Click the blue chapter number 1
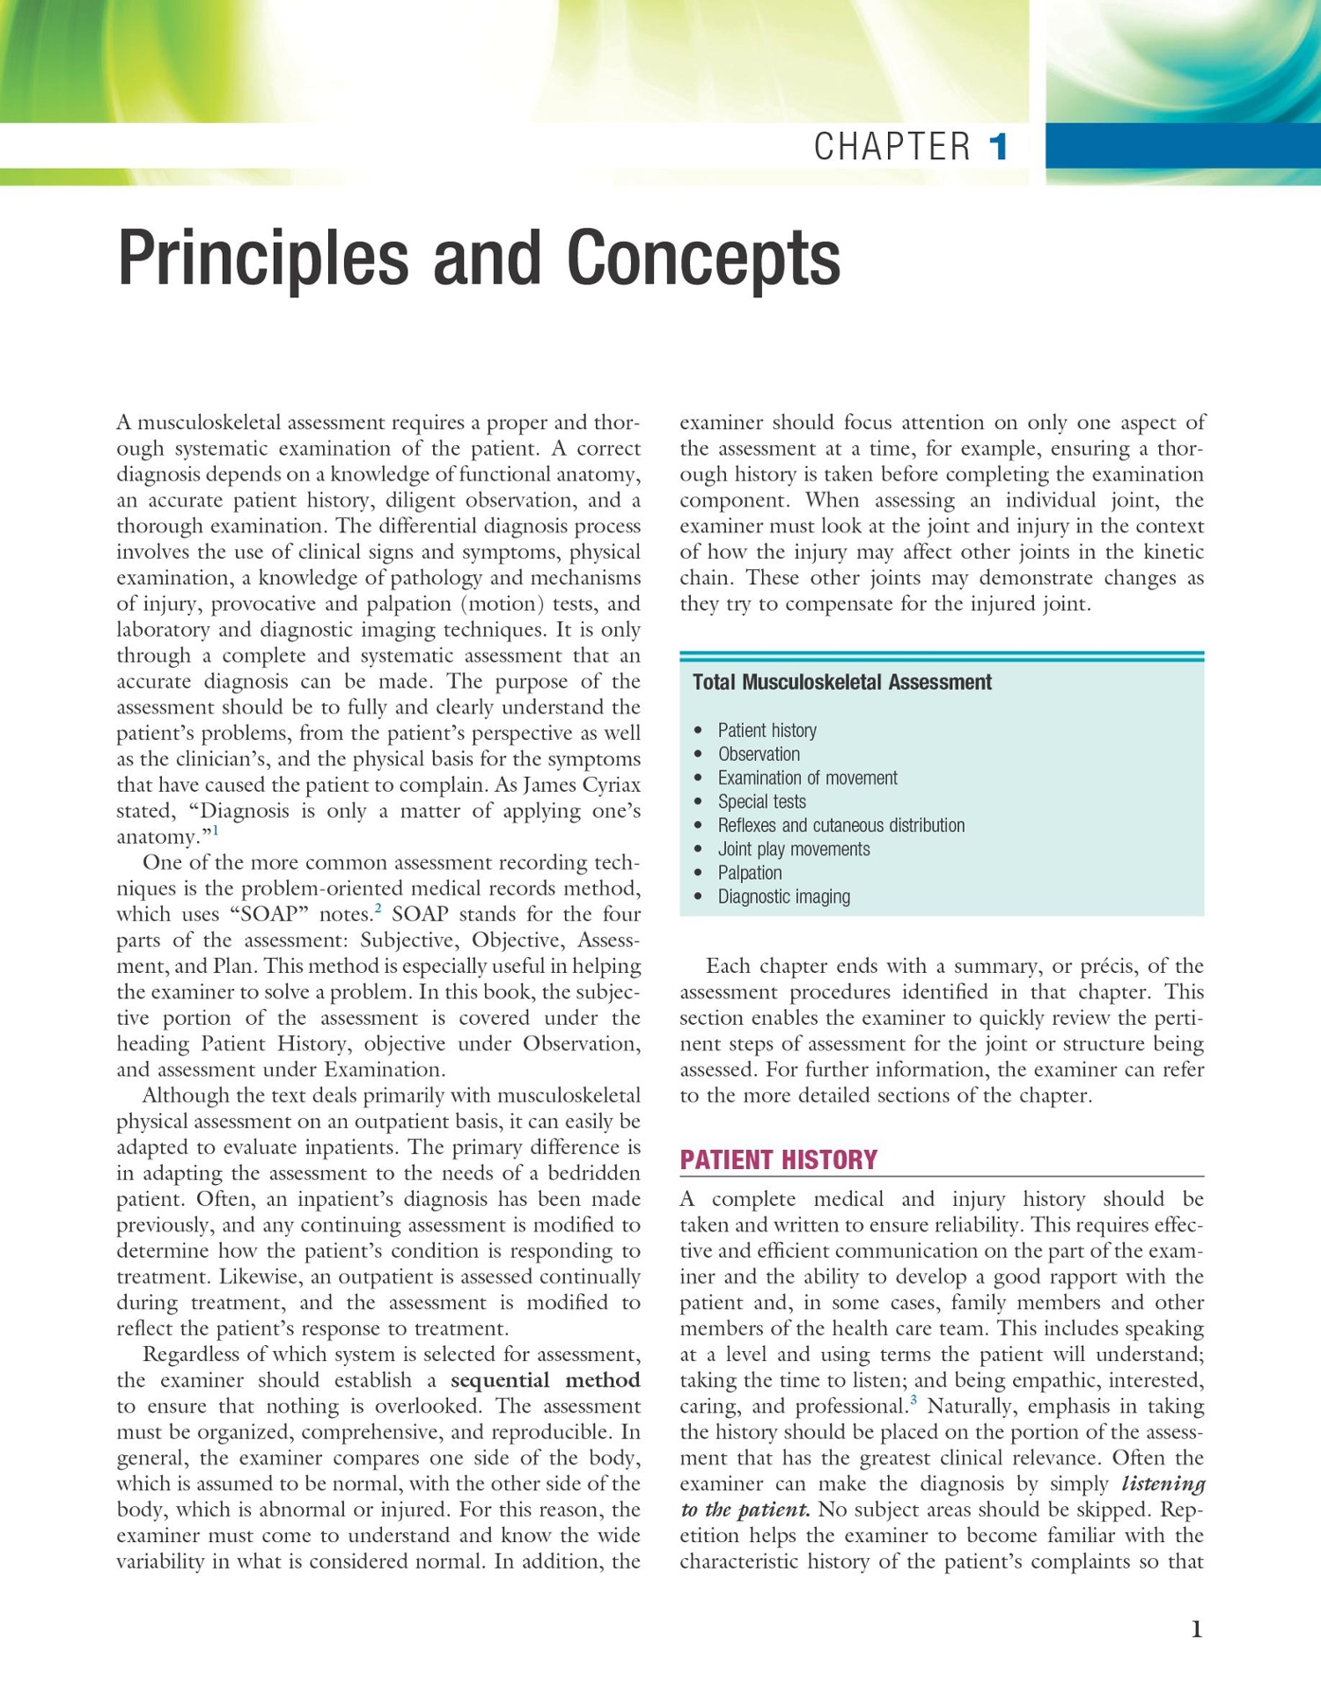click(998, 146)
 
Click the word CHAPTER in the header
click(892, 147)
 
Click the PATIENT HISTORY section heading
click(778, 1159)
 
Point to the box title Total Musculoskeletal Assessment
click(841, 682)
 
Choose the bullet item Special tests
click(761, 801)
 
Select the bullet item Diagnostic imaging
click(783, 896)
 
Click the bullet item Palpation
click(749, 873)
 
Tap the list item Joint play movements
click(793, 849)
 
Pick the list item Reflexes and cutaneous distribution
click(840, 825)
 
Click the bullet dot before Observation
click(698, 755)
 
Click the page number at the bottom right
click(1196, 1629)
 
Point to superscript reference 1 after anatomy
click(216, 830)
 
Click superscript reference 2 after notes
click(378, 907)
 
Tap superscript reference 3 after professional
click(914, 1400)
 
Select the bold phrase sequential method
click(545, 1379)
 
